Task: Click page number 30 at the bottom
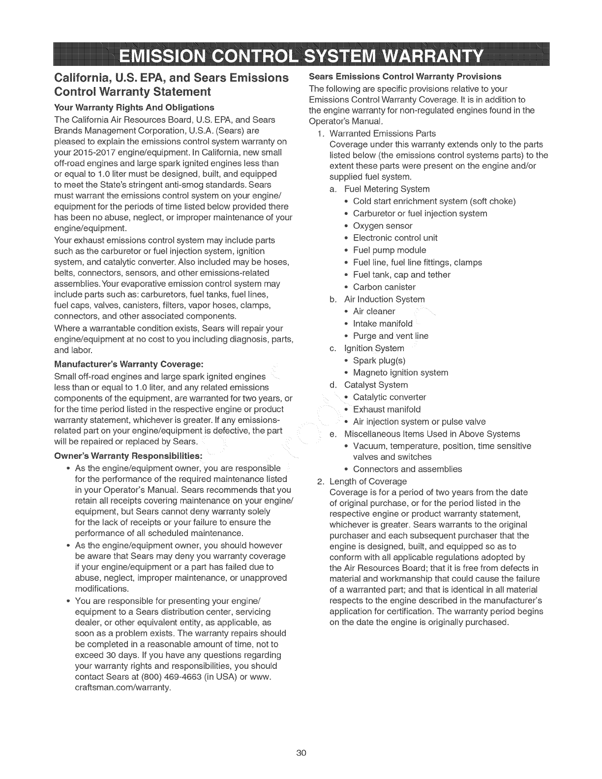tap(301, 753)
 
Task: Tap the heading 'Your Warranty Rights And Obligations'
tap(134, 107)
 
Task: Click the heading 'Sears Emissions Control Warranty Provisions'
tap(405, 76)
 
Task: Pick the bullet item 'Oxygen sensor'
tap(383, 226)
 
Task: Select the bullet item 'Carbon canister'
tap(384, 287)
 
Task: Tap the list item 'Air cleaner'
tap(374, 311)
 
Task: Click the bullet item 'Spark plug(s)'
tap(379, 360)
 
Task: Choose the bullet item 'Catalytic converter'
tap(390, 397)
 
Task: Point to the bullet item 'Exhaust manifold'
tap(387, 409)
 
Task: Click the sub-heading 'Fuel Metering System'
tap(387, 189)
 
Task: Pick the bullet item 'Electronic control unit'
tap(395, 238)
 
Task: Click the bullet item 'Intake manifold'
tap(383, 324)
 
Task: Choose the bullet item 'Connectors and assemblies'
tap(407, 469)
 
